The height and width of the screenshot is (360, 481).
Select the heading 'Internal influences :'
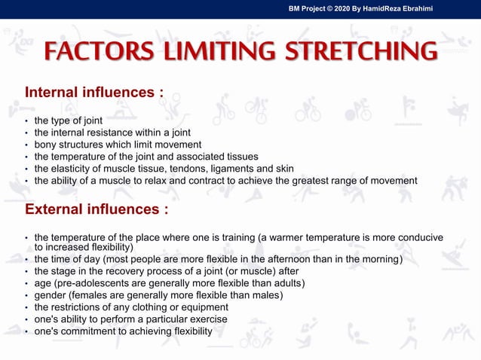point(94,93)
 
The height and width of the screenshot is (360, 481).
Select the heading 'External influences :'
point(97,208)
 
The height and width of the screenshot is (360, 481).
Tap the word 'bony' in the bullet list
point(46,145)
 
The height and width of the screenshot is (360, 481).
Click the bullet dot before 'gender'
point(26,296)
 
